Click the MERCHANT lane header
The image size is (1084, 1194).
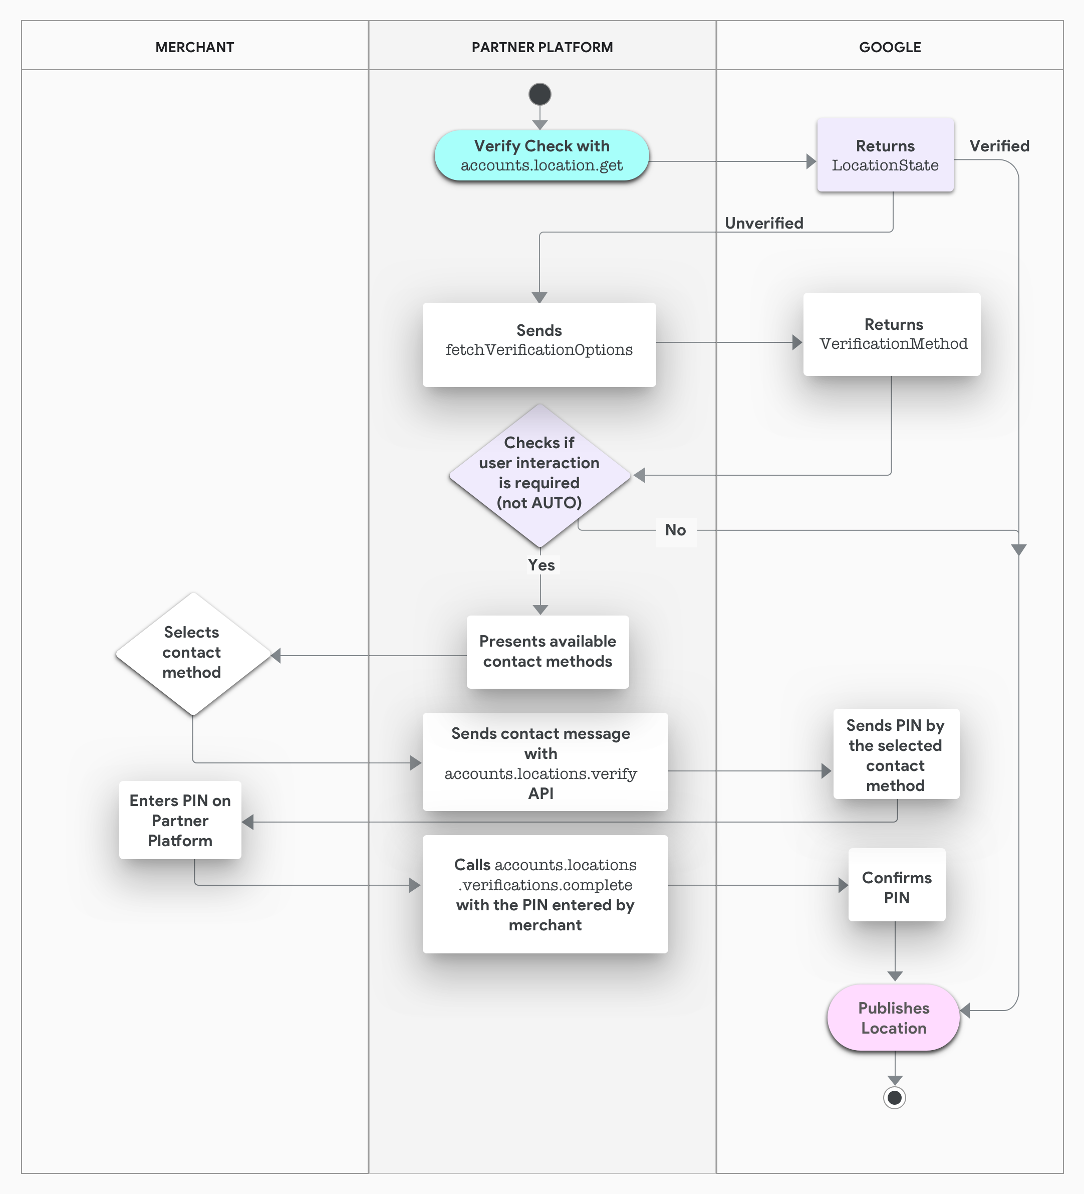pyautogui.click(x=194, y=48)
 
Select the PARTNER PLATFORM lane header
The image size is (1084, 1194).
pyautogui.click(x=541, y=48)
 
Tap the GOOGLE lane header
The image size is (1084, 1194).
pyautogui.click(x=889, y=48)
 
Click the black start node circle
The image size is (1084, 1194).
pyautogui.click(x=539, y=94)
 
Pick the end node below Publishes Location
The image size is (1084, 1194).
pyautogui.click(x=894, y=1097)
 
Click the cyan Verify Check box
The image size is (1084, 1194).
pyautogui.click(x=541, y=155)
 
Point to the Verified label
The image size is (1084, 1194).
pyautogui.click(x=999, y=146)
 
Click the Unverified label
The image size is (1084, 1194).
pyautogui.click(x=764, y=223)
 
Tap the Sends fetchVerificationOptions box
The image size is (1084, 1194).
pyautogui.click(x=538, y=344)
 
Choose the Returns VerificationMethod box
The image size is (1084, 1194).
pyautogui.click(x=891, y=334)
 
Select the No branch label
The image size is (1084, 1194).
pyautogui.click(x=676, y=530)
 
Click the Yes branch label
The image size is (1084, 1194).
pyautogui.click(x=541, y=565)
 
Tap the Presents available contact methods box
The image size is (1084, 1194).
pyautogui.click(x=547, y=652)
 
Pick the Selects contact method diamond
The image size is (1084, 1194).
pyautogui.click(x=192, y=653)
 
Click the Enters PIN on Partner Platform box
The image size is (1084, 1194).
pyautogui.click(x=180, y=820)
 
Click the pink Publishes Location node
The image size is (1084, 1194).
pyautogui.click(x=893, y=1018)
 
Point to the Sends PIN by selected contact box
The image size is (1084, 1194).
pyautogui.click(x=895, y=754)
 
